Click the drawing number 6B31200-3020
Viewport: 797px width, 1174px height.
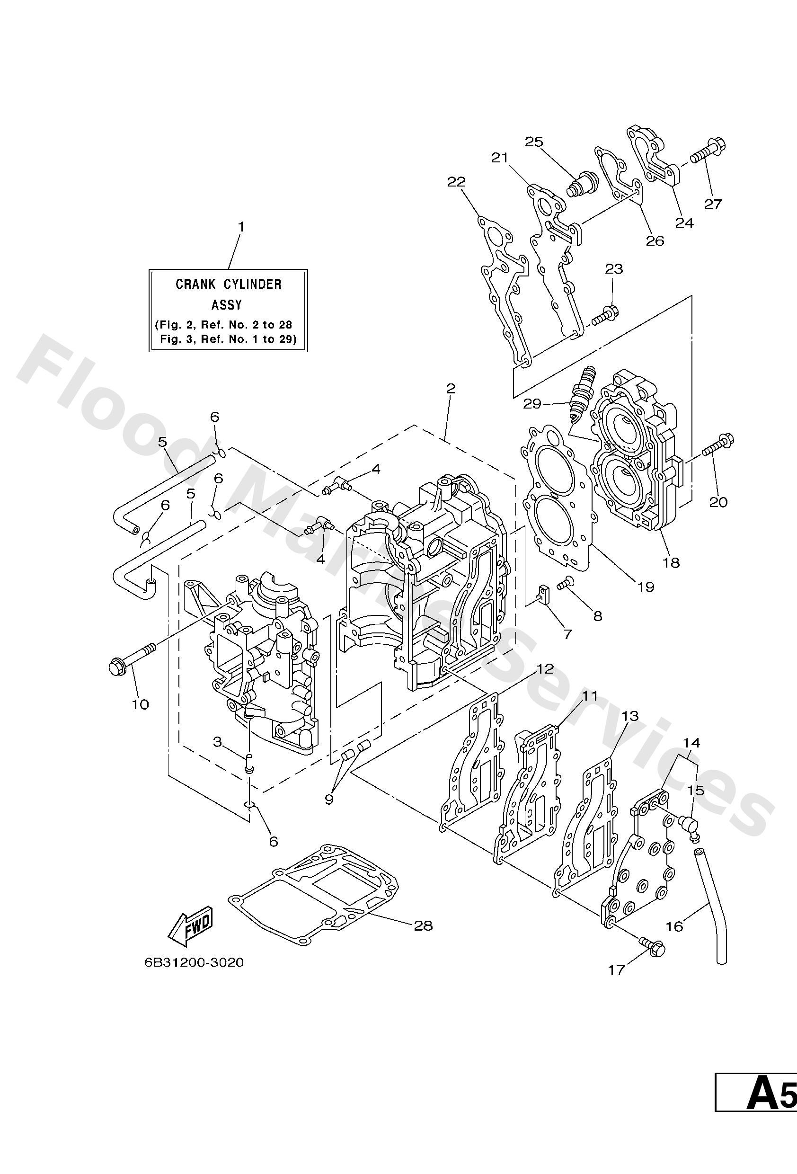pyautogui.click(x=194, y=962)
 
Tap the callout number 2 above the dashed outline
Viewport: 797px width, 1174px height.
pyautogui.click(x=451, y=389)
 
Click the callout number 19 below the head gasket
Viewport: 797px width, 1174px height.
pyautogui.click(x=646, y=587)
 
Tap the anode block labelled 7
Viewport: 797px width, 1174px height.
pyautogui.click(x=543, y=595)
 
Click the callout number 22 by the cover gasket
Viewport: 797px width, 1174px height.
pyautogui.click(x=456, y=182)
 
